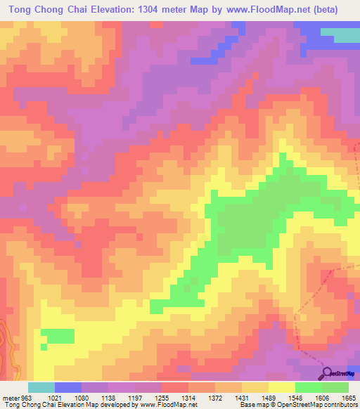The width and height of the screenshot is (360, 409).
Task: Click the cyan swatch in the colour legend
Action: coord(41,387)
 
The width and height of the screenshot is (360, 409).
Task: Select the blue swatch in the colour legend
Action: coord(68,387)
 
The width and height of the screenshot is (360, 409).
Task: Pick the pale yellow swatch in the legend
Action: coord(281,387)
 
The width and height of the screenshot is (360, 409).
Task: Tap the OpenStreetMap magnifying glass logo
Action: coord(328,372)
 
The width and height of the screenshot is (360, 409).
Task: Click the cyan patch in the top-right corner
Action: coord(344,35)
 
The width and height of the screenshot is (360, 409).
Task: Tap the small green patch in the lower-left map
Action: coord(57,336)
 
